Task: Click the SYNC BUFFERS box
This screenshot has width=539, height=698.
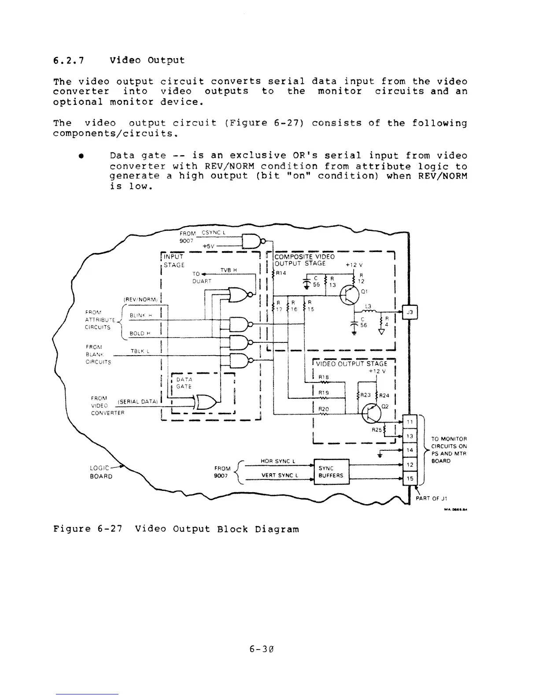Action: pos(331,472)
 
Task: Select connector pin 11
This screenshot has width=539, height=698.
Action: pos(410,421)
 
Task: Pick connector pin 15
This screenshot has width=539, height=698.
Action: pos(410,478)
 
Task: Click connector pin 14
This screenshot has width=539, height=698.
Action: pos(410,450)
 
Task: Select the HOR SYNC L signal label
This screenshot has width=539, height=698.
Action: pos(277,461)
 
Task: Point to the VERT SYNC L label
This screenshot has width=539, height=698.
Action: pos(280,475)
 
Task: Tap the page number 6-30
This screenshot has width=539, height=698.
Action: pos(262,649)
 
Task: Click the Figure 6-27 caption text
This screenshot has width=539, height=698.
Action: pos(176,529)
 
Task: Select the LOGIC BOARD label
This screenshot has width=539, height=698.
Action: pos(101,472)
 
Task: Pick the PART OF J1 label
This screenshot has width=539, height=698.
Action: pos(432,498)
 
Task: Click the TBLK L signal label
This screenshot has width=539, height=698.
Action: pos(141,351)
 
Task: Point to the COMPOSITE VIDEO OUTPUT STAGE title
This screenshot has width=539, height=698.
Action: pos(304,260)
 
